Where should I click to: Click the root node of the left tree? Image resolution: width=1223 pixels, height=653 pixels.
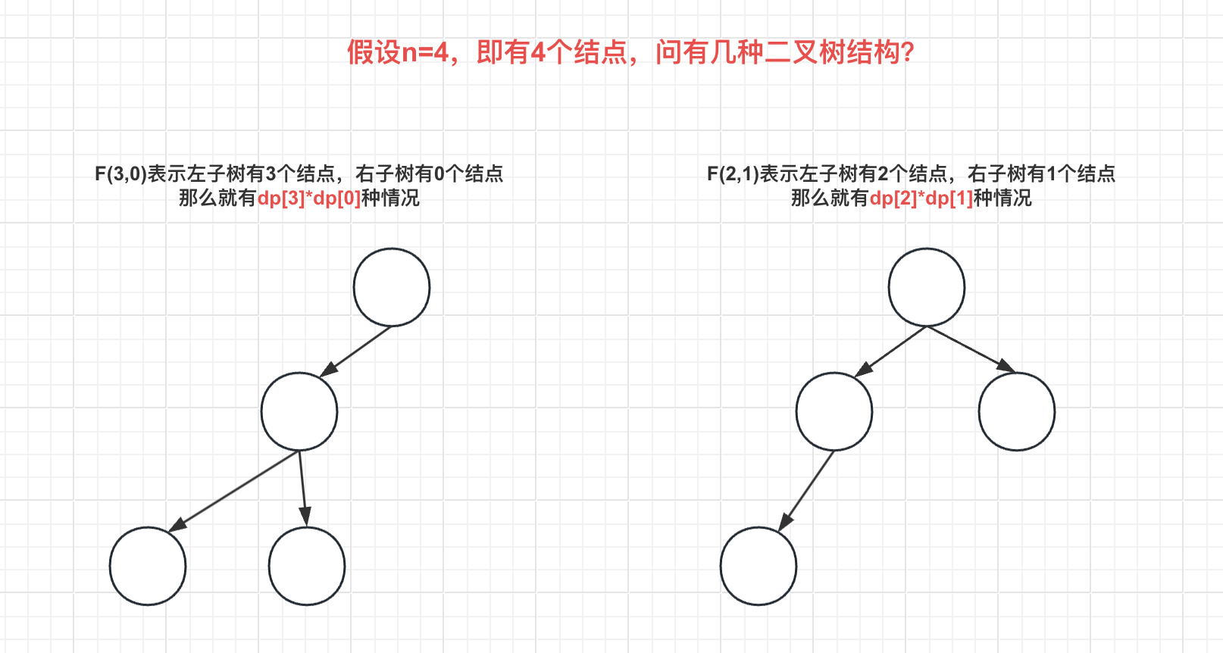coord(392,287)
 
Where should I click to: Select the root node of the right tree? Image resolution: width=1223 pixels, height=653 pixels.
coord(926,287)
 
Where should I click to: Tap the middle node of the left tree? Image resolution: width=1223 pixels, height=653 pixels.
coord(299,411)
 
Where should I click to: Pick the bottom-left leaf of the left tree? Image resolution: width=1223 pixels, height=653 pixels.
coord(148,566)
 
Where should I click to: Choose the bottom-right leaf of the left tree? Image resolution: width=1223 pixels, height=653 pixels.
coord(307,566)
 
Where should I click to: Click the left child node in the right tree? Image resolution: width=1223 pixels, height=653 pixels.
coord(834,411)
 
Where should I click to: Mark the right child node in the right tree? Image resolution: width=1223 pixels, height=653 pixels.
coord(1017,411)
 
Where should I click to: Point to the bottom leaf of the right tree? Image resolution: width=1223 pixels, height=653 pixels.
coord(759,566)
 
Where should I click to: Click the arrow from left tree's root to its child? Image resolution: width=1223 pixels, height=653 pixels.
coord(356,351)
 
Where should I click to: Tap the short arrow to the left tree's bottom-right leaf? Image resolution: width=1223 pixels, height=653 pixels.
coord(303,488)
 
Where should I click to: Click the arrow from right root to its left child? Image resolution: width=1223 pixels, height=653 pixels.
coord(891,351)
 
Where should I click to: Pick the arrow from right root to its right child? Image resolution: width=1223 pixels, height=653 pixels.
coord(971,349)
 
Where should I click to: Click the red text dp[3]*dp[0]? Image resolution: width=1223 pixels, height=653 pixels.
coord(309,198)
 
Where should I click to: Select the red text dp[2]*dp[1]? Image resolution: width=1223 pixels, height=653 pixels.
coord(921,198)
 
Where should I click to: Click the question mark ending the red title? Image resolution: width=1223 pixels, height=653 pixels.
coord(908,52)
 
